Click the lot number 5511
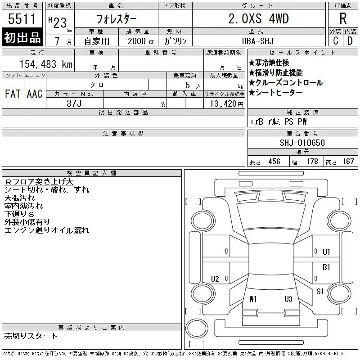click(x=22, y=19)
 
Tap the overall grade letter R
click(x=343, y=18)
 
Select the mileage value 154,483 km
click(x=46, y=64)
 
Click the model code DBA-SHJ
click(x=258, y=41)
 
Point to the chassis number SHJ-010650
click(x=302, y=143)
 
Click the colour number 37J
click(x=74, y=103)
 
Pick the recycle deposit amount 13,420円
click(x=226, y=104)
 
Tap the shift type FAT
click(x=13, y=94)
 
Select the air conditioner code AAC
click(x=35, y=94)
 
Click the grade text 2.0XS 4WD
click(x=258, y=18)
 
